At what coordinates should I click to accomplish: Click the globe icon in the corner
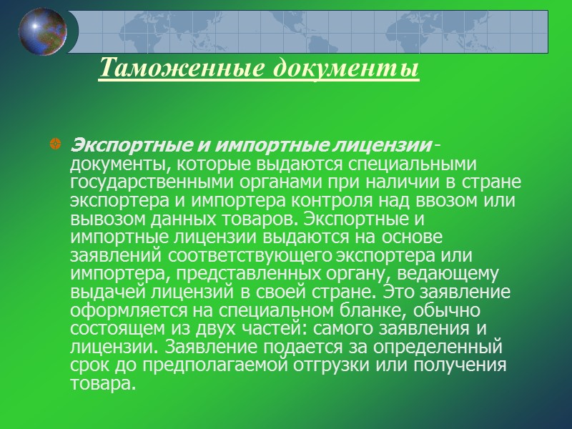tap(43, 31)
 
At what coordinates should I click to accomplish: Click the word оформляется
tap(120, 310)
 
